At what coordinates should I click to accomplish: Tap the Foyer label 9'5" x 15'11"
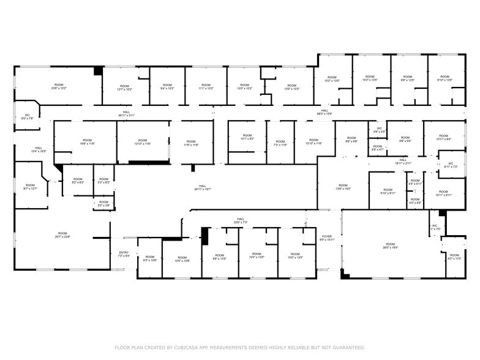328,238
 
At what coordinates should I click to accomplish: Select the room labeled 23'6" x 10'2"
59,86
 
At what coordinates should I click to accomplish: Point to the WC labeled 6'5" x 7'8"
28,116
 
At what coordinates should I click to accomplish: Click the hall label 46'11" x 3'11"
126,114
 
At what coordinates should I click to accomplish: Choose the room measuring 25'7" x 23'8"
62,235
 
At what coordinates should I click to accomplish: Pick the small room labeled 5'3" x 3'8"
103,204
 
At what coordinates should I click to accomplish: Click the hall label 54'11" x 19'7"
203,188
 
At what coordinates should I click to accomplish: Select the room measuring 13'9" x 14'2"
343,187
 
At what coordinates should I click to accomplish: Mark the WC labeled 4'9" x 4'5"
380,130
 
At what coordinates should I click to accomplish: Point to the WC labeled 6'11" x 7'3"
450,165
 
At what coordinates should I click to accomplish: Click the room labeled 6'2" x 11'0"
454,257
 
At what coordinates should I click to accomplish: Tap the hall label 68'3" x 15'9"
324,113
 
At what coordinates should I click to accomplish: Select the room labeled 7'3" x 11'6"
280,143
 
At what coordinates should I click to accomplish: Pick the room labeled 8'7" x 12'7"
31,187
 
